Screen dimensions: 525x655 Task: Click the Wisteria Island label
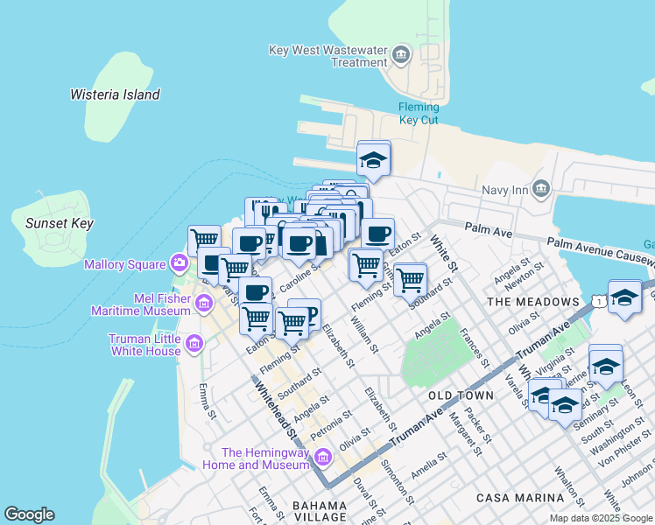pyautogui.click(x=115, y=94)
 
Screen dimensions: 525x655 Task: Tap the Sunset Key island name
pyautogui.click(x=60, y=223)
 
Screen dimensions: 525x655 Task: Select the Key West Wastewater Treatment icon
pyautogui.click(x=401, y=55)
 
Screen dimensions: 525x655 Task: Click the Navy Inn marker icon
pyautogui.click(x=540, y=189)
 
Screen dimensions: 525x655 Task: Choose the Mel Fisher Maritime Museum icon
pyautogui.click(x=204, y=304)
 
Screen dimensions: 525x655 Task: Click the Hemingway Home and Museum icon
pyautogui.click(x=322, y=458)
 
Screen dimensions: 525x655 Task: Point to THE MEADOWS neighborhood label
pyautogui.click(x=532, y=302)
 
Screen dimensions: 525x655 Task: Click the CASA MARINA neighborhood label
pyautogui.click(x=520, y=498)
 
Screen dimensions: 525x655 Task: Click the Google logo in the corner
pyautogui.click(x=29, y=514)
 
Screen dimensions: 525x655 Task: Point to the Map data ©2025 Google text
pyautogui.click(x=600, y=518)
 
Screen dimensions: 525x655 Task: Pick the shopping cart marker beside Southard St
pyautogui.click(x=409, y=281)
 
